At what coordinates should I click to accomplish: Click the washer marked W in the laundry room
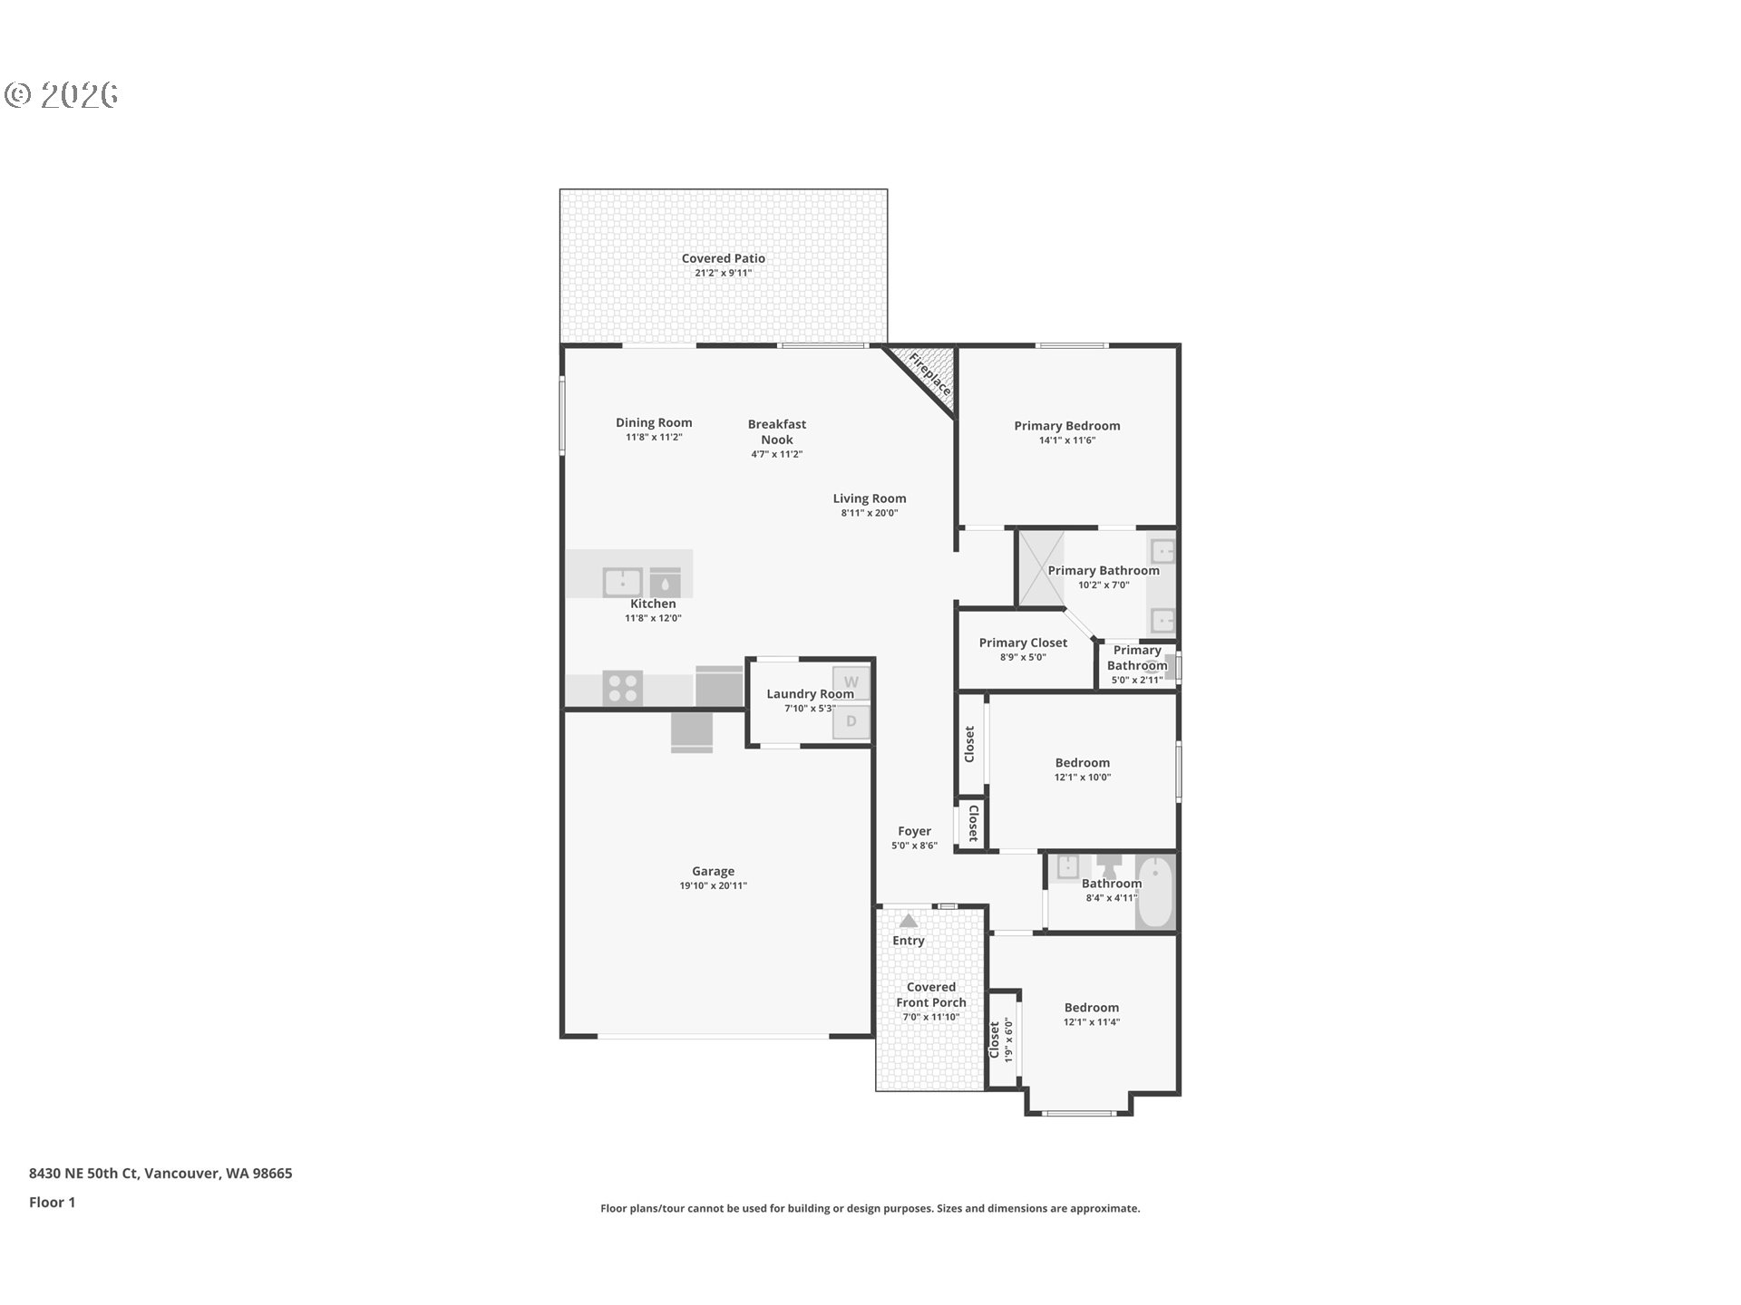[851, 682]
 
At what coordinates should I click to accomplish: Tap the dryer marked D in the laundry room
[851, 722]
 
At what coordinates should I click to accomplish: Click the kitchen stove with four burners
[622, 688]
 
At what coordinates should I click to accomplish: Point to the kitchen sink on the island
[622, 582]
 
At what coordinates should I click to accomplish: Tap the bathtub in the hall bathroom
[1155, 892]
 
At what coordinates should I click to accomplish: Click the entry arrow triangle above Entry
[908, 920]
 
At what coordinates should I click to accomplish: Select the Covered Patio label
[724, 258]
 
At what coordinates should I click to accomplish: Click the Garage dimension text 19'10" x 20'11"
[714, 886]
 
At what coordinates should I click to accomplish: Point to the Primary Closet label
[1023, 643]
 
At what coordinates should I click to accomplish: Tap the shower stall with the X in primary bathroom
[1040, 568]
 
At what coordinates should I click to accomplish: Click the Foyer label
[914, 831]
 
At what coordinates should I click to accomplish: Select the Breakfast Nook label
[777, 431]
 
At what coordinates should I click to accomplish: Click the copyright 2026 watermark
[62, 94]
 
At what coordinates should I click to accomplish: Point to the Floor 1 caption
[52, 1202]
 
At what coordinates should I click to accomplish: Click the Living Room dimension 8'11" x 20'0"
[870, 513]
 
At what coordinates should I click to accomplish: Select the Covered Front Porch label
[931, 994]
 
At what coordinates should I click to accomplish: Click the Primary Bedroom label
[1067, 426]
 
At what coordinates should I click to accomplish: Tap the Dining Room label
[654, 422]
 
